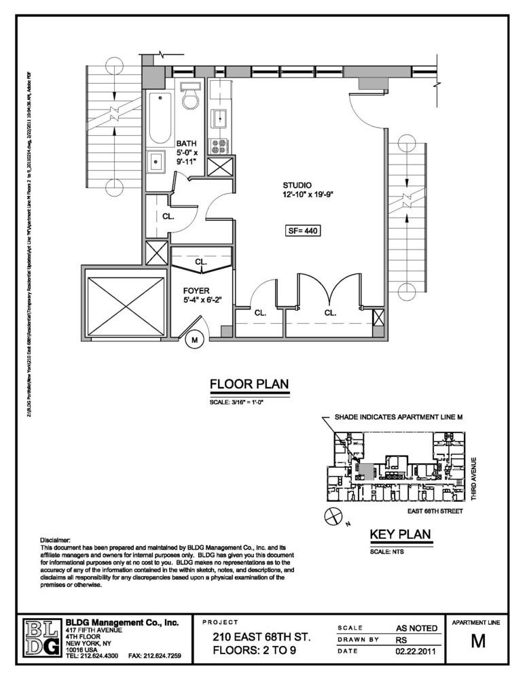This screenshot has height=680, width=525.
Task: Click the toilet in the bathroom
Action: pyautogui.click(x=189, y=97)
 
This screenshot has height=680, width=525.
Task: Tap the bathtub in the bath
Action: pyautogui.click(x=160, y=118)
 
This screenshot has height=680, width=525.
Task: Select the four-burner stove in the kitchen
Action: pyautogui.click(x=219, y=146)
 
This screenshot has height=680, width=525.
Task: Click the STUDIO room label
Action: pyautogui.click(x=297, y=185)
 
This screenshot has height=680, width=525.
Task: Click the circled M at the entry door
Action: pyautogui.click(x=195, y=340)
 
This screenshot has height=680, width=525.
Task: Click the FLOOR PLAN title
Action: pyautogui.click(x=249, y=386)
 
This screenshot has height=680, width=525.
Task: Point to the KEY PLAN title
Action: pyautogui.click(x=400, y=534)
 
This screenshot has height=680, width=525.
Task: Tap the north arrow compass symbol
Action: pyautogui.click(x=333, y=517)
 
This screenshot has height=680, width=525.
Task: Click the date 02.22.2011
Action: pyautogui.click(x=417, y=652)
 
